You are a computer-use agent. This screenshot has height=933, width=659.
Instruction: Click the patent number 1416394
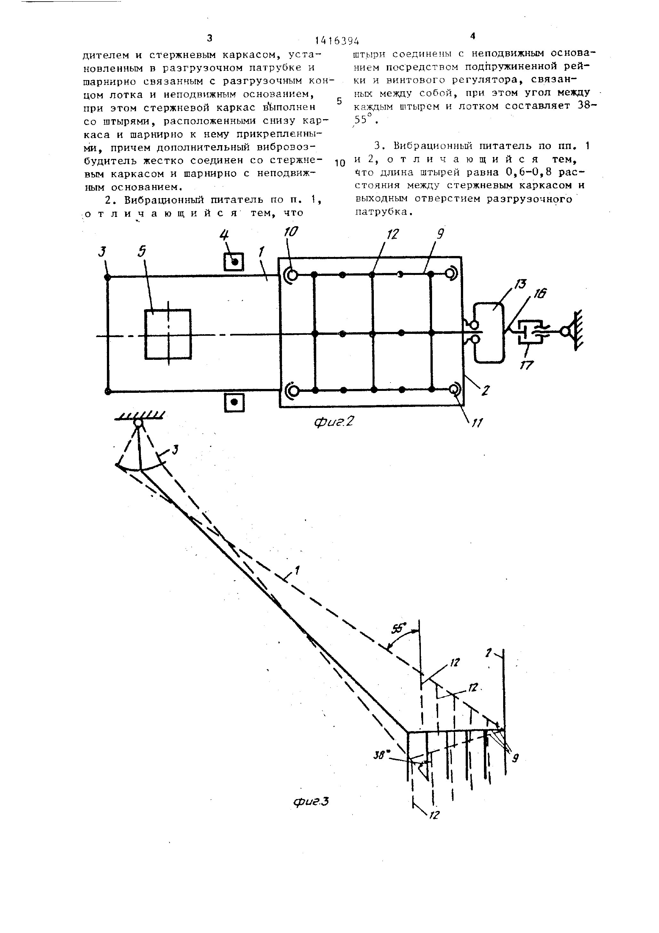[x=337, y=41]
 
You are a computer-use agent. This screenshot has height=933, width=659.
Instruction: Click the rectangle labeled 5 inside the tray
[x=168, y=334]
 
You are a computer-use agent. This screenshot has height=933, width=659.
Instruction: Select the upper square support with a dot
[x=234, y=262]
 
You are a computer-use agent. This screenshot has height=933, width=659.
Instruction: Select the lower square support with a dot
[x=234, y=402]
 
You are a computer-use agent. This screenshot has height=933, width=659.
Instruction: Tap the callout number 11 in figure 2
[x=476, y=423]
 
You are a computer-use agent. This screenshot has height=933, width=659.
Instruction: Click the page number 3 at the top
[x=210, y=38]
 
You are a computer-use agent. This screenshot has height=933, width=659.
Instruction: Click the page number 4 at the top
[x=472, y=36]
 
